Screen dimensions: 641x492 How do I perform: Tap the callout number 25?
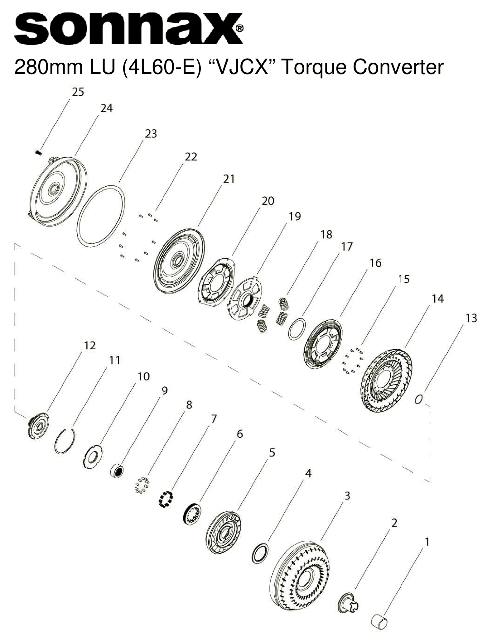tap(78, 92)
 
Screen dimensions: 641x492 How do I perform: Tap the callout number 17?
tap(347, 246)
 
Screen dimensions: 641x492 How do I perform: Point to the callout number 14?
tap(437, 299)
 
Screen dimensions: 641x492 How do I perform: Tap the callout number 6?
tap(239, 434)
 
